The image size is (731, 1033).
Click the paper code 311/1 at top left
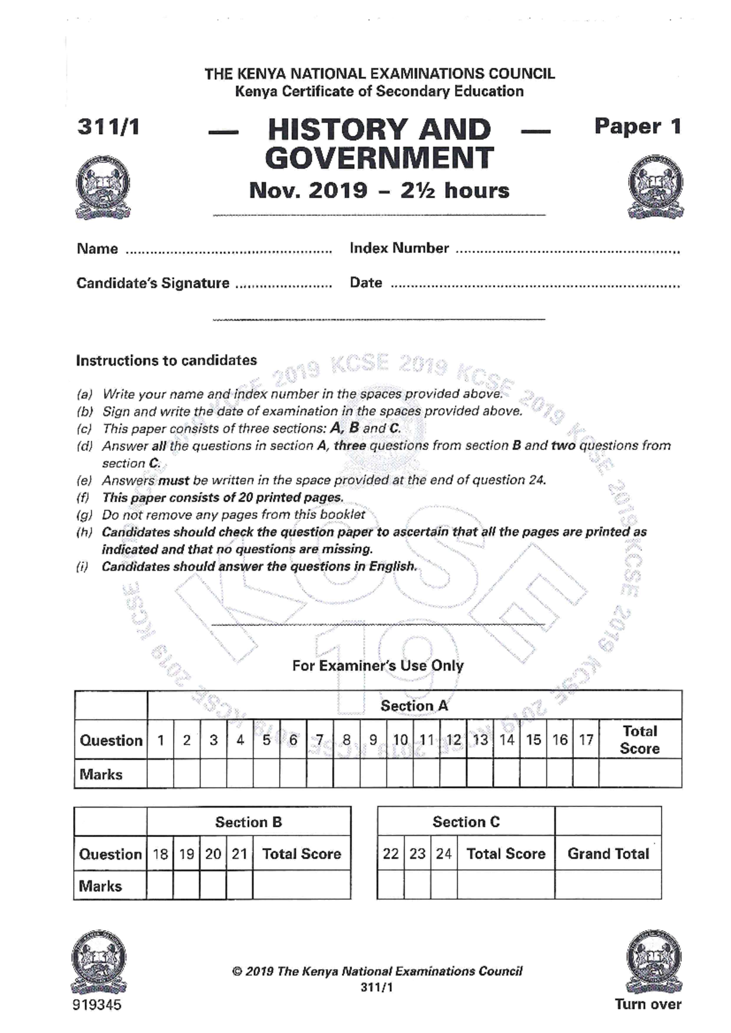click(108, 127)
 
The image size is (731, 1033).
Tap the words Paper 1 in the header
click(637, 126)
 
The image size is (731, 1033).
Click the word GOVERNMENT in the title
click(379, 158)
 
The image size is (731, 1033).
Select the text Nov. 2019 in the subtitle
click(308, 190)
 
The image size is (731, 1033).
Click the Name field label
click(97, 249)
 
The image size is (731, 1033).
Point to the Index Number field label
click(399, 248)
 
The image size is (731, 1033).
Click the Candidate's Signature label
click(153, 283)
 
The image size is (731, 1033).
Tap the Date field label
click(365, 283)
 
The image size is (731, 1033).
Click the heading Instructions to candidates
click(166, 361)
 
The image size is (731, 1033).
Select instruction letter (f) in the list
click(83, 498)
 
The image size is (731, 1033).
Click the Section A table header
click(414, 706)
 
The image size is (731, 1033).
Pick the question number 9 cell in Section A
click(373, 740)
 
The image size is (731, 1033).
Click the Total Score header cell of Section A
click(640, 739)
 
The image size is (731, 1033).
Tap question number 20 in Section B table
click(213, 854)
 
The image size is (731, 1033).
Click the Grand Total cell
click(608, 854)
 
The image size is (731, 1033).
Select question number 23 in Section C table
click(417, 854)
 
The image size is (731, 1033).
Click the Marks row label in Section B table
click(101, 886)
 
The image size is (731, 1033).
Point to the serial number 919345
click(97, 1004)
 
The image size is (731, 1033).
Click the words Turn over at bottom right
click(648, 1004)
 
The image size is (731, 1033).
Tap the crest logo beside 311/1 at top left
click(102, 186)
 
